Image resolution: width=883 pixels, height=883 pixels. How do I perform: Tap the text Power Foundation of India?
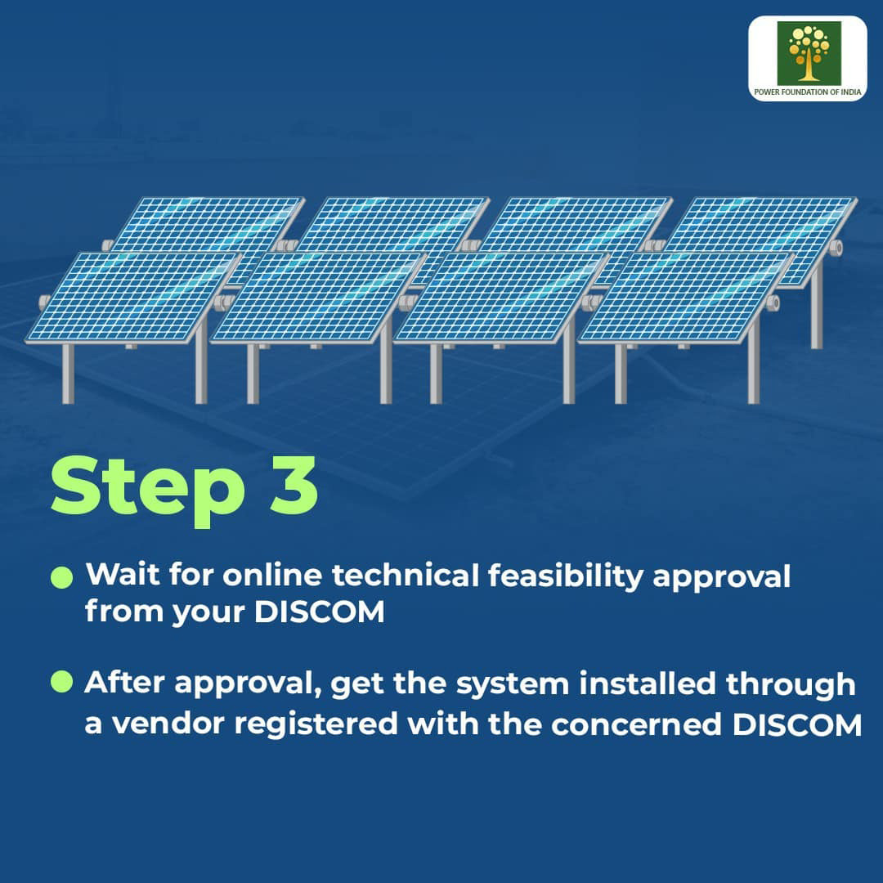[808, 92]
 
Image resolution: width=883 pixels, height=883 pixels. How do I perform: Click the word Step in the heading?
[148, 490]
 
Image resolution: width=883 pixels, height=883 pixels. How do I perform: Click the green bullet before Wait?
[62, 577]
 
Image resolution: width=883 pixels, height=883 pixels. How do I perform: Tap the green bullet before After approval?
[62, 682]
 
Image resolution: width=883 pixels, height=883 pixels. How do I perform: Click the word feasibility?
[566, 577]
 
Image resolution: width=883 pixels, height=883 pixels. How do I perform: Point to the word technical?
[406, 576]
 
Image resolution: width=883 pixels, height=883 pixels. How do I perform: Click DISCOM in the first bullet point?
[320, 612]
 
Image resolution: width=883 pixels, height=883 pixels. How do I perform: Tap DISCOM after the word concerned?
[797, 724]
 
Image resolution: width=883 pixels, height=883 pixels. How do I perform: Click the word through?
[791, 685]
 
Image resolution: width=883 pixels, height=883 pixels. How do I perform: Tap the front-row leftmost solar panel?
[133, 297]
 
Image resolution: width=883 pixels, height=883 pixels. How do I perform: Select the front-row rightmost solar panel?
[687, 298]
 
